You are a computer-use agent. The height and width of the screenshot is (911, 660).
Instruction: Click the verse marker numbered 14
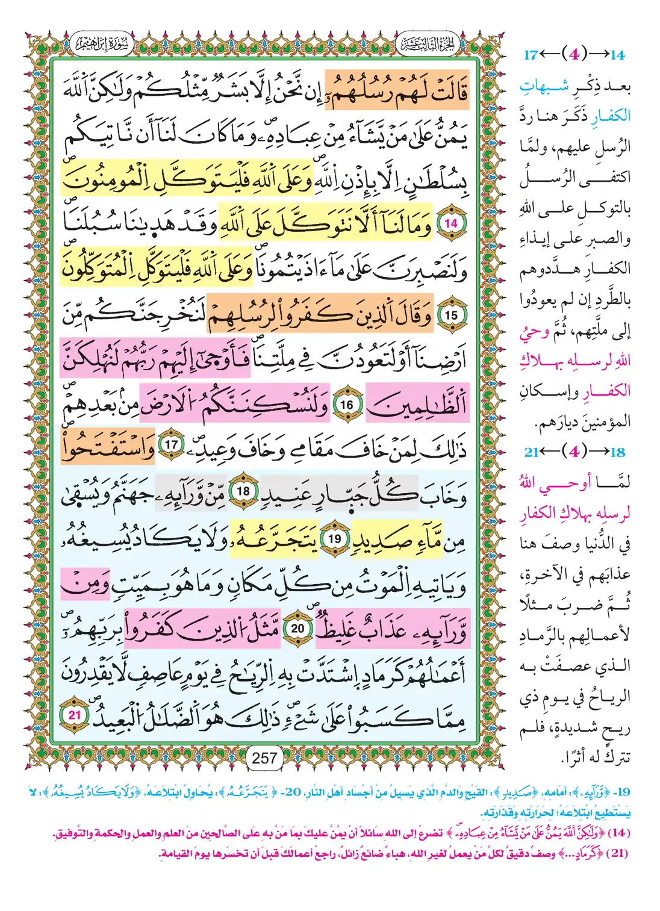451,223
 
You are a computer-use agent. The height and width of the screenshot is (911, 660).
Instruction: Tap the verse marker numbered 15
451,315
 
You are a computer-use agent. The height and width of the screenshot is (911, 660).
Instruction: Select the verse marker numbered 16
347,405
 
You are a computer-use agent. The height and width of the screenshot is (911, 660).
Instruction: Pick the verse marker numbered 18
243,491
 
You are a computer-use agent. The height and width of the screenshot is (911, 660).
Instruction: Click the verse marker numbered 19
335,539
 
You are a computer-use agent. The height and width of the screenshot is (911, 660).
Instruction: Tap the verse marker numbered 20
298,629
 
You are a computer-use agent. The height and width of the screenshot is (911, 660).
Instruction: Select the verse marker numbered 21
75,715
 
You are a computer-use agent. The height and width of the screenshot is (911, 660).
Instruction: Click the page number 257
265,758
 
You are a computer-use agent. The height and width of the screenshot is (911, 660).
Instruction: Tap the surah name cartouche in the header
101,45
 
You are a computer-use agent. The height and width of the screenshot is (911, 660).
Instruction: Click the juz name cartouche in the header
428,45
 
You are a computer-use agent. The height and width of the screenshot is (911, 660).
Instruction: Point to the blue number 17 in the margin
531,55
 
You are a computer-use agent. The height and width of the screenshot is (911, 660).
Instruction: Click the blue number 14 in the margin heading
618,55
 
